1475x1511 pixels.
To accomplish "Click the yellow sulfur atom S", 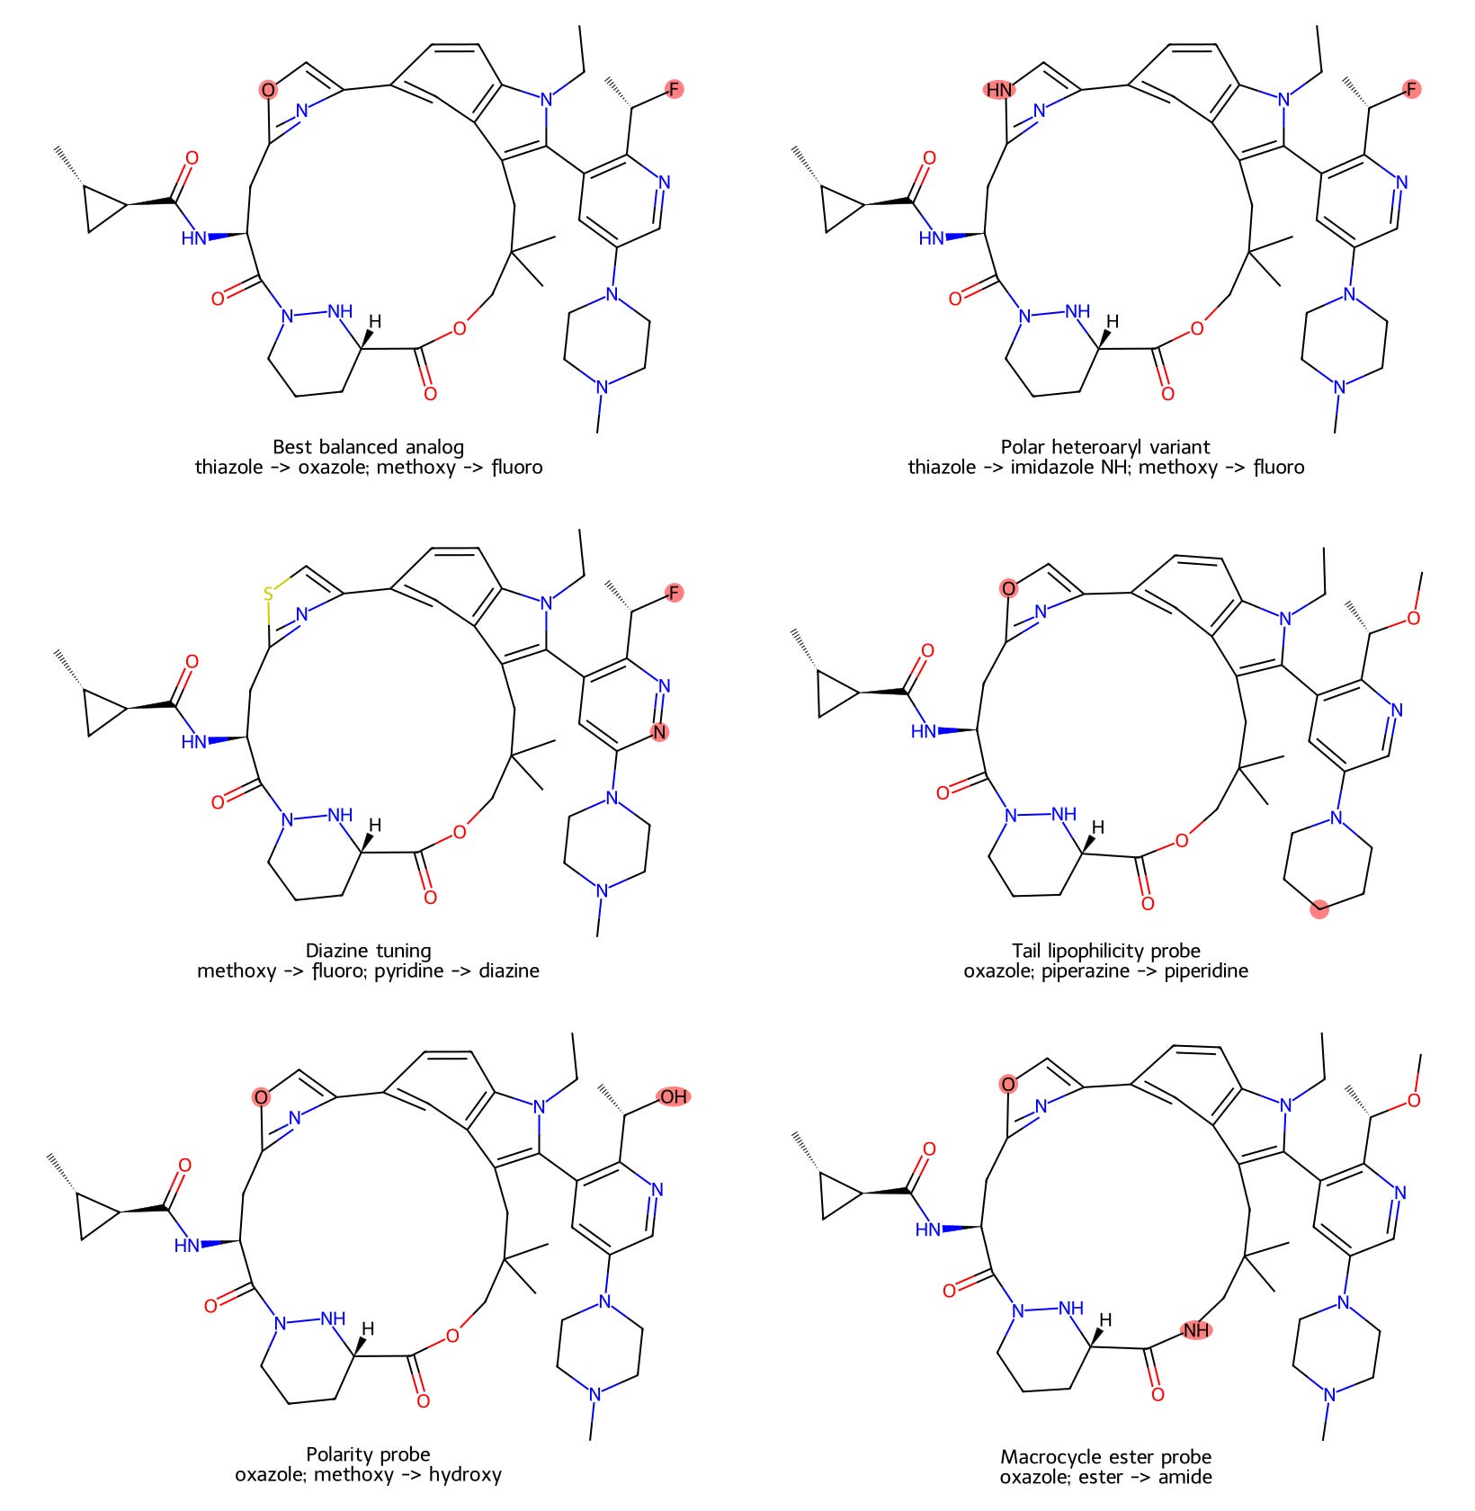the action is point(268,594).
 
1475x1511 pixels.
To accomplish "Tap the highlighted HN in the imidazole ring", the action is point(999,90).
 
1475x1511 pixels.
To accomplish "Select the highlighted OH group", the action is point(674,1096).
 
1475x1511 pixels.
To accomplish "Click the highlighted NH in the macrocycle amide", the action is point(1196,1329).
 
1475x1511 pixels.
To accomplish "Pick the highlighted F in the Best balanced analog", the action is point(675,88).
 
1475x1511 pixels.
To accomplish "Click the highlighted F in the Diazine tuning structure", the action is point(675,592).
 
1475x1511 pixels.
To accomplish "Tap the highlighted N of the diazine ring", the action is point(660,732).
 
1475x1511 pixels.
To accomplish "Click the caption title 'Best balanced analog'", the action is point(369,446).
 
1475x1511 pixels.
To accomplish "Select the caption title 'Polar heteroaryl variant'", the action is point(1105,446).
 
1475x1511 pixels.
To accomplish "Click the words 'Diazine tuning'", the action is point(369,950).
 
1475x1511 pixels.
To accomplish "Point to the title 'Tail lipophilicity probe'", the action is point(1105,950).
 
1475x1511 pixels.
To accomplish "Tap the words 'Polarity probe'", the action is point(369,1453).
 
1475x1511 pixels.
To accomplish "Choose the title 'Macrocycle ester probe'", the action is point(1105,1456).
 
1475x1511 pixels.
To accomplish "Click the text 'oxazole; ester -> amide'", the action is point(1105,1477).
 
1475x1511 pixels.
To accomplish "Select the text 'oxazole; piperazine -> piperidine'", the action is point(1105,970).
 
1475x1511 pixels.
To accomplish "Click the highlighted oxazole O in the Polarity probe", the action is point(261,1097).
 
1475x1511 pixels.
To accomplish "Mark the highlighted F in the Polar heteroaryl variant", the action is point(1412,88).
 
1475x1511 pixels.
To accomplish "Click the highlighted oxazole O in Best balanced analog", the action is point(268,90).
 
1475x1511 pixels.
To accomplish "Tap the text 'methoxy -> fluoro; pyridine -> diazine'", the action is point(369,970).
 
